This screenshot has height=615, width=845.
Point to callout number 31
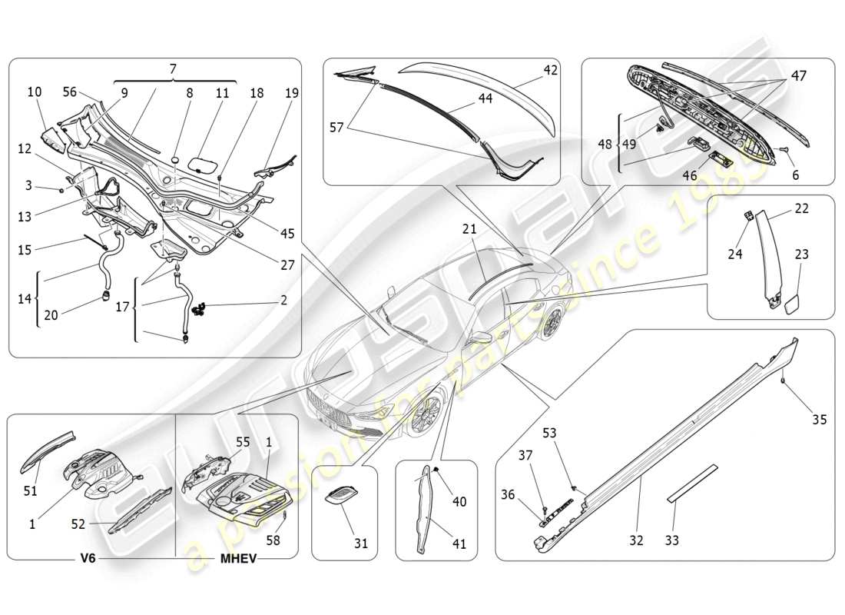pyautogui.click(x=361, y=544)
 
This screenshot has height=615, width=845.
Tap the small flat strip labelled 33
pyautogui.click(x=692, y=482)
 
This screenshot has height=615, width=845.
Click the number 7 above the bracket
pyautogui.click(x=174, y=69)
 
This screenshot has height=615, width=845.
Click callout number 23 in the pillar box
pyautogui.click(x=802, y=253)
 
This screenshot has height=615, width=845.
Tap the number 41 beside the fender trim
pyautogui.click(x=459, y=544)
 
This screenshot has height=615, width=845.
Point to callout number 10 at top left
pyautogui.click(x=35, y=92)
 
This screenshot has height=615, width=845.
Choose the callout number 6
pyautogui.click(x=795, y=175)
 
